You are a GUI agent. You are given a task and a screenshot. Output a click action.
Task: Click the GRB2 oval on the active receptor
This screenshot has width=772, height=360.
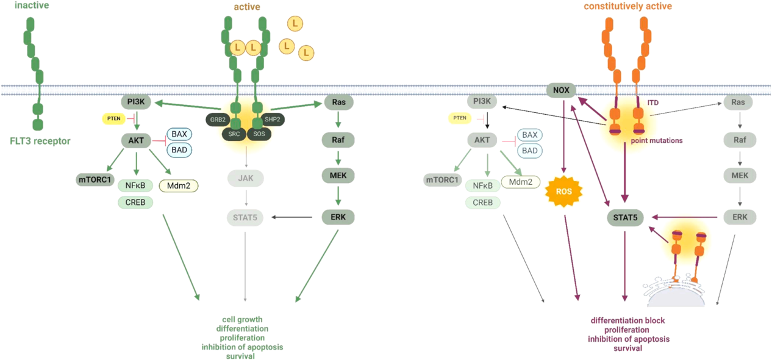click(x=218, y=120)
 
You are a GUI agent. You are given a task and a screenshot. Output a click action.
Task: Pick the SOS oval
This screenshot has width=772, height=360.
click(x=259, y=132)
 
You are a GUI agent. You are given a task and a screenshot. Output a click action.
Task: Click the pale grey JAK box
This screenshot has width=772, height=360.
click(x=245, y=179)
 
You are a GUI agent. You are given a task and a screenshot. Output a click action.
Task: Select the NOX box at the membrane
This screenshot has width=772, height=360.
click(x=561, y=90)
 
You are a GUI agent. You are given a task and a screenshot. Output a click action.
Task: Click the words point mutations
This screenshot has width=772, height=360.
click(x=656, y=140)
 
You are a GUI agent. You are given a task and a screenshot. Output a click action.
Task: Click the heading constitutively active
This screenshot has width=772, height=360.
click(x=627, y=7)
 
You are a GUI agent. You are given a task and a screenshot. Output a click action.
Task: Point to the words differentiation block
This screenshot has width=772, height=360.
click(x=627, y=321)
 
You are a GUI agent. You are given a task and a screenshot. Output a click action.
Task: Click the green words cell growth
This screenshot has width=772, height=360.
click(x=242, y=320)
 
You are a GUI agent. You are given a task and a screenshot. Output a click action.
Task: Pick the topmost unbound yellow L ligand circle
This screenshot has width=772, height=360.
click(x=295, y=24)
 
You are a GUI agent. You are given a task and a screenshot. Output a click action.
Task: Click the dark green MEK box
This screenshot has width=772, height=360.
click(x=338, y=176)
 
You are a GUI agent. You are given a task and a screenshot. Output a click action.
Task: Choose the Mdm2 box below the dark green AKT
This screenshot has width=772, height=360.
click(x=179, y=185)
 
